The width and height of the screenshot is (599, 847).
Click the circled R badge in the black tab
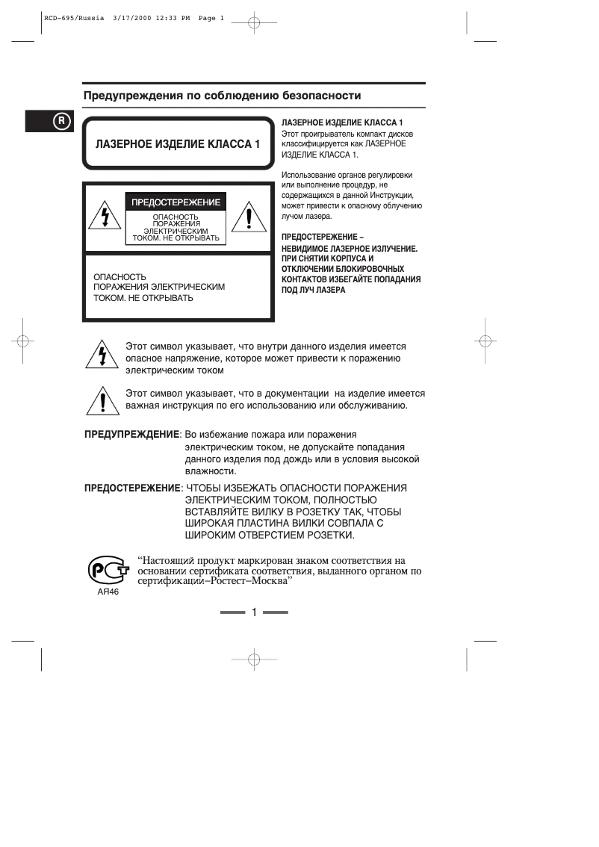(x=61, y=121)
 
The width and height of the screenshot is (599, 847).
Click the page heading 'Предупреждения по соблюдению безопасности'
(x=222, y=96)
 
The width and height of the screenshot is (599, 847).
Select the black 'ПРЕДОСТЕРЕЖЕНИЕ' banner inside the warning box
(x=176, y=202)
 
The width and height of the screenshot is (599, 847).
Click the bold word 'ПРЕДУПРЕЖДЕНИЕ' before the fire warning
(x=131, y=434)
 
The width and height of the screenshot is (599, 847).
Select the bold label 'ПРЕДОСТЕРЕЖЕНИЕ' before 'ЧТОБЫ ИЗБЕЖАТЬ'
(x=131, y=488)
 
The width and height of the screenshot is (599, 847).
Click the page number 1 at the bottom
(x=254, y=613)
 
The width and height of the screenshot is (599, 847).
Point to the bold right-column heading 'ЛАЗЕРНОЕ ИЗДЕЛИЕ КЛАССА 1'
(x=342, y=121)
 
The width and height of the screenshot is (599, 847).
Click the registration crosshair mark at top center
(x=254, y=23)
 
